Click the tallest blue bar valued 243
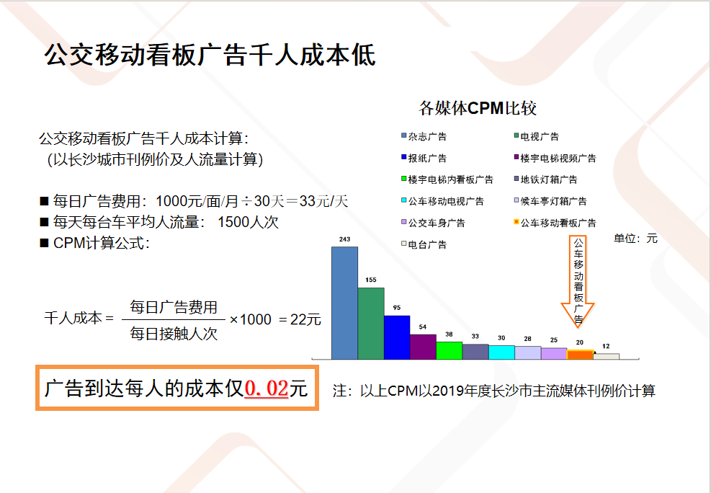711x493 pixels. [x=344, y=303]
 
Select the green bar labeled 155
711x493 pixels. [x=371, y=324]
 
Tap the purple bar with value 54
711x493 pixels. [x=423, y=347]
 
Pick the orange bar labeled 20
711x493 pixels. [x=580, y=355]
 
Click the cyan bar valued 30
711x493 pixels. [x=501, y=352]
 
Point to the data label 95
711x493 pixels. [x=397, y=308]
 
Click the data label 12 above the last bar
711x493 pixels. [x=606, y=346]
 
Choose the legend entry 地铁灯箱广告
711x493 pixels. [x=545, y=179]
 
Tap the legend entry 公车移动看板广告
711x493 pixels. [x=555, y=223]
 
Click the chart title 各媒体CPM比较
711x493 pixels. [x=478, y=108]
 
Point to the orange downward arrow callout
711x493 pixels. [x=578, y=281]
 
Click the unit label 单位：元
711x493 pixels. [x=636, y=239]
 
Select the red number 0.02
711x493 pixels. [x=267, y=388]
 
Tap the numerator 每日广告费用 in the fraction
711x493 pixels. [x=174, y=307]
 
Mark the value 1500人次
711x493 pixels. [x=248, y=222]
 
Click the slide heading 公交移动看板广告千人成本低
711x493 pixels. [x=210, y=55]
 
